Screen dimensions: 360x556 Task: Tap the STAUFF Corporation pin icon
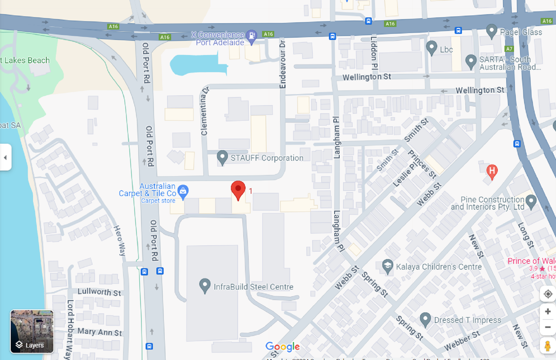point(222,157)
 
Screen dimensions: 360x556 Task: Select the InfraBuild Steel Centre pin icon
point(205,285)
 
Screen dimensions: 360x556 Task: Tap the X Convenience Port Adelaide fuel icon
point(251,36)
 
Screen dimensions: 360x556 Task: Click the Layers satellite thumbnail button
point(32,331)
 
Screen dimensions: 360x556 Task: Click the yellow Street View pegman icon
point(547,346)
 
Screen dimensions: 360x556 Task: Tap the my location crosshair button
point(548,294)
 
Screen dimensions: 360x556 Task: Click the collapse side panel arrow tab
point(5,157)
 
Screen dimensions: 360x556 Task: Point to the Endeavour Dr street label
point(282,64)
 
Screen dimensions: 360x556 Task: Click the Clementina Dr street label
point(204,111)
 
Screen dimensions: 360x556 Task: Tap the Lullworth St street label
point(99,292)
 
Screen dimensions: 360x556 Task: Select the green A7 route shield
point(509,49)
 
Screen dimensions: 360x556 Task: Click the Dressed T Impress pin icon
point(425,319)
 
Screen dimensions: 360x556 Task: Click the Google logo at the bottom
point(282,346)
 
